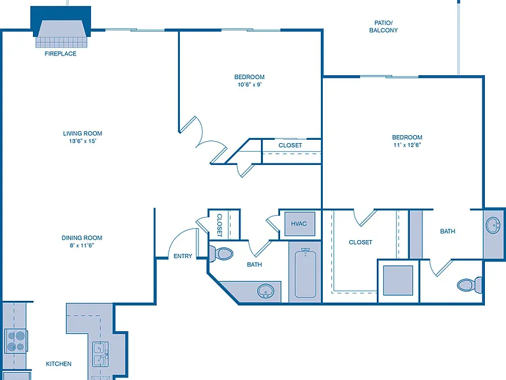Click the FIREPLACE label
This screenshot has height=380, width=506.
[61, 53]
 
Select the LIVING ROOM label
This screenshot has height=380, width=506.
[82, 133]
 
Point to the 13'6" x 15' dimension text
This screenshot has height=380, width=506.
[82, 141]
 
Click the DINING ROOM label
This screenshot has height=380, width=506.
[82, 237]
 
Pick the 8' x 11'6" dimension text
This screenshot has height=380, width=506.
[82, 245]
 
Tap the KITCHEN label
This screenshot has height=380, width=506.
[59, 364]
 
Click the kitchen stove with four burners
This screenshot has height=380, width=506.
[16, 342]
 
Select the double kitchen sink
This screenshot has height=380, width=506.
[101, 354]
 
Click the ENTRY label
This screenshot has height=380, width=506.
[183, 256]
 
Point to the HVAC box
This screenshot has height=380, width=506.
[300, 224]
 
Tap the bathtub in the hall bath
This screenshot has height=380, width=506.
[305, 273]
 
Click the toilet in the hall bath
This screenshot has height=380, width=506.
[221, 253]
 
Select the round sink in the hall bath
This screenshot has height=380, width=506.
[266, 291]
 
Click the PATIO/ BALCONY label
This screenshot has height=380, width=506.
[383, 26]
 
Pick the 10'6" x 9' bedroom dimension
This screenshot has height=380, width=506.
[250, 84]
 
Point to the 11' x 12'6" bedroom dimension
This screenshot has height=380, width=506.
[407, 144]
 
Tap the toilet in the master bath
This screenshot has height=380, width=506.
[470, 284]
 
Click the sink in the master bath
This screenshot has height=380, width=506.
[493, 225]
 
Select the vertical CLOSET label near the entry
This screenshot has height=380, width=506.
[219, 225]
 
